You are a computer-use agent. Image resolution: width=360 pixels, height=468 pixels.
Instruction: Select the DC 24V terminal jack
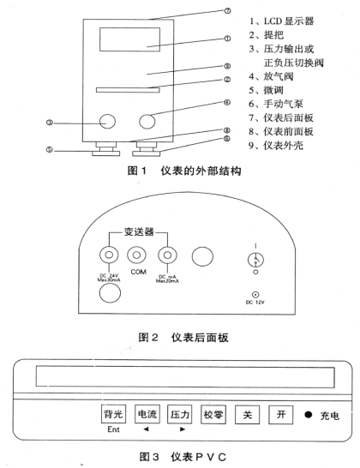click(x=108, y=255)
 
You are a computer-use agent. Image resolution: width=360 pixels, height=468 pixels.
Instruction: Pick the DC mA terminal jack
click(x=165, y=255)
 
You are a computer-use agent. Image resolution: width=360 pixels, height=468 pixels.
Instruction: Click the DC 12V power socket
click(x=250, y=296)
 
